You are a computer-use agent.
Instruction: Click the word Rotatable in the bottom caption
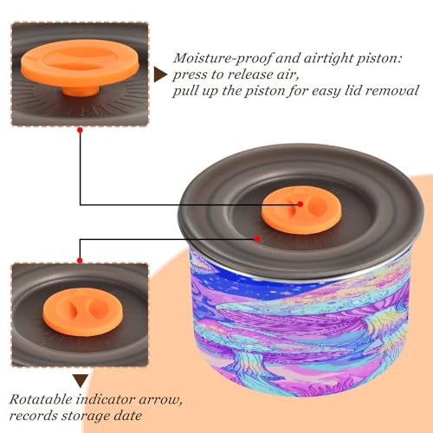[x=41, y=399]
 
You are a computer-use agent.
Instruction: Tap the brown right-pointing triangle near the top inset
[x=160, y=74]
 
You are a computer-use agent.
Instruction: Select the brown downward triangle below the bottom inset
[x=81, y=381]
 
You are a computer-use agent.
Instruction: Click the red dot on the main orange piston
[x=301, y=204]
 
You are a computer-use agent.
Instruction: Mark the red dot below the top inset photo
[x=81, y=130]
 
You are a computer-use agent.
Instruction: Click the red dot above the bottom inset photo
[x=80, y=261]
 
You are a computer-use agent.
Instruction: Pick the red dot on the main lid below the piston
[x=257, y=239]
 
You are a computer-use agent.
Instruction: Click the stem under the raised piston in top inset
[x=81, y=91]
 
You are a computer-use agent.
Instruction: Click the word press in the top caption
[x=190, y=75]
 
